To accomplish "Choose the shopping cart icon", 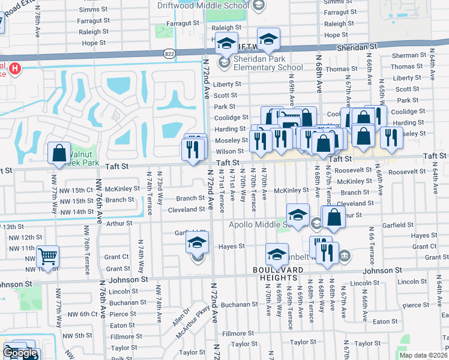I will point(47,257).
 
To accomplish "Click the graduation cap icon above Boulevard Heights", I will point(277,255).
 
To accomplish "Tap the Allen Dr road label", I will point(181,316).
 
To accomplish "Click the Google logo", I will point(20,353).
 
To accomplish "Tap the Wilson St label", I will point(230,151).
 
